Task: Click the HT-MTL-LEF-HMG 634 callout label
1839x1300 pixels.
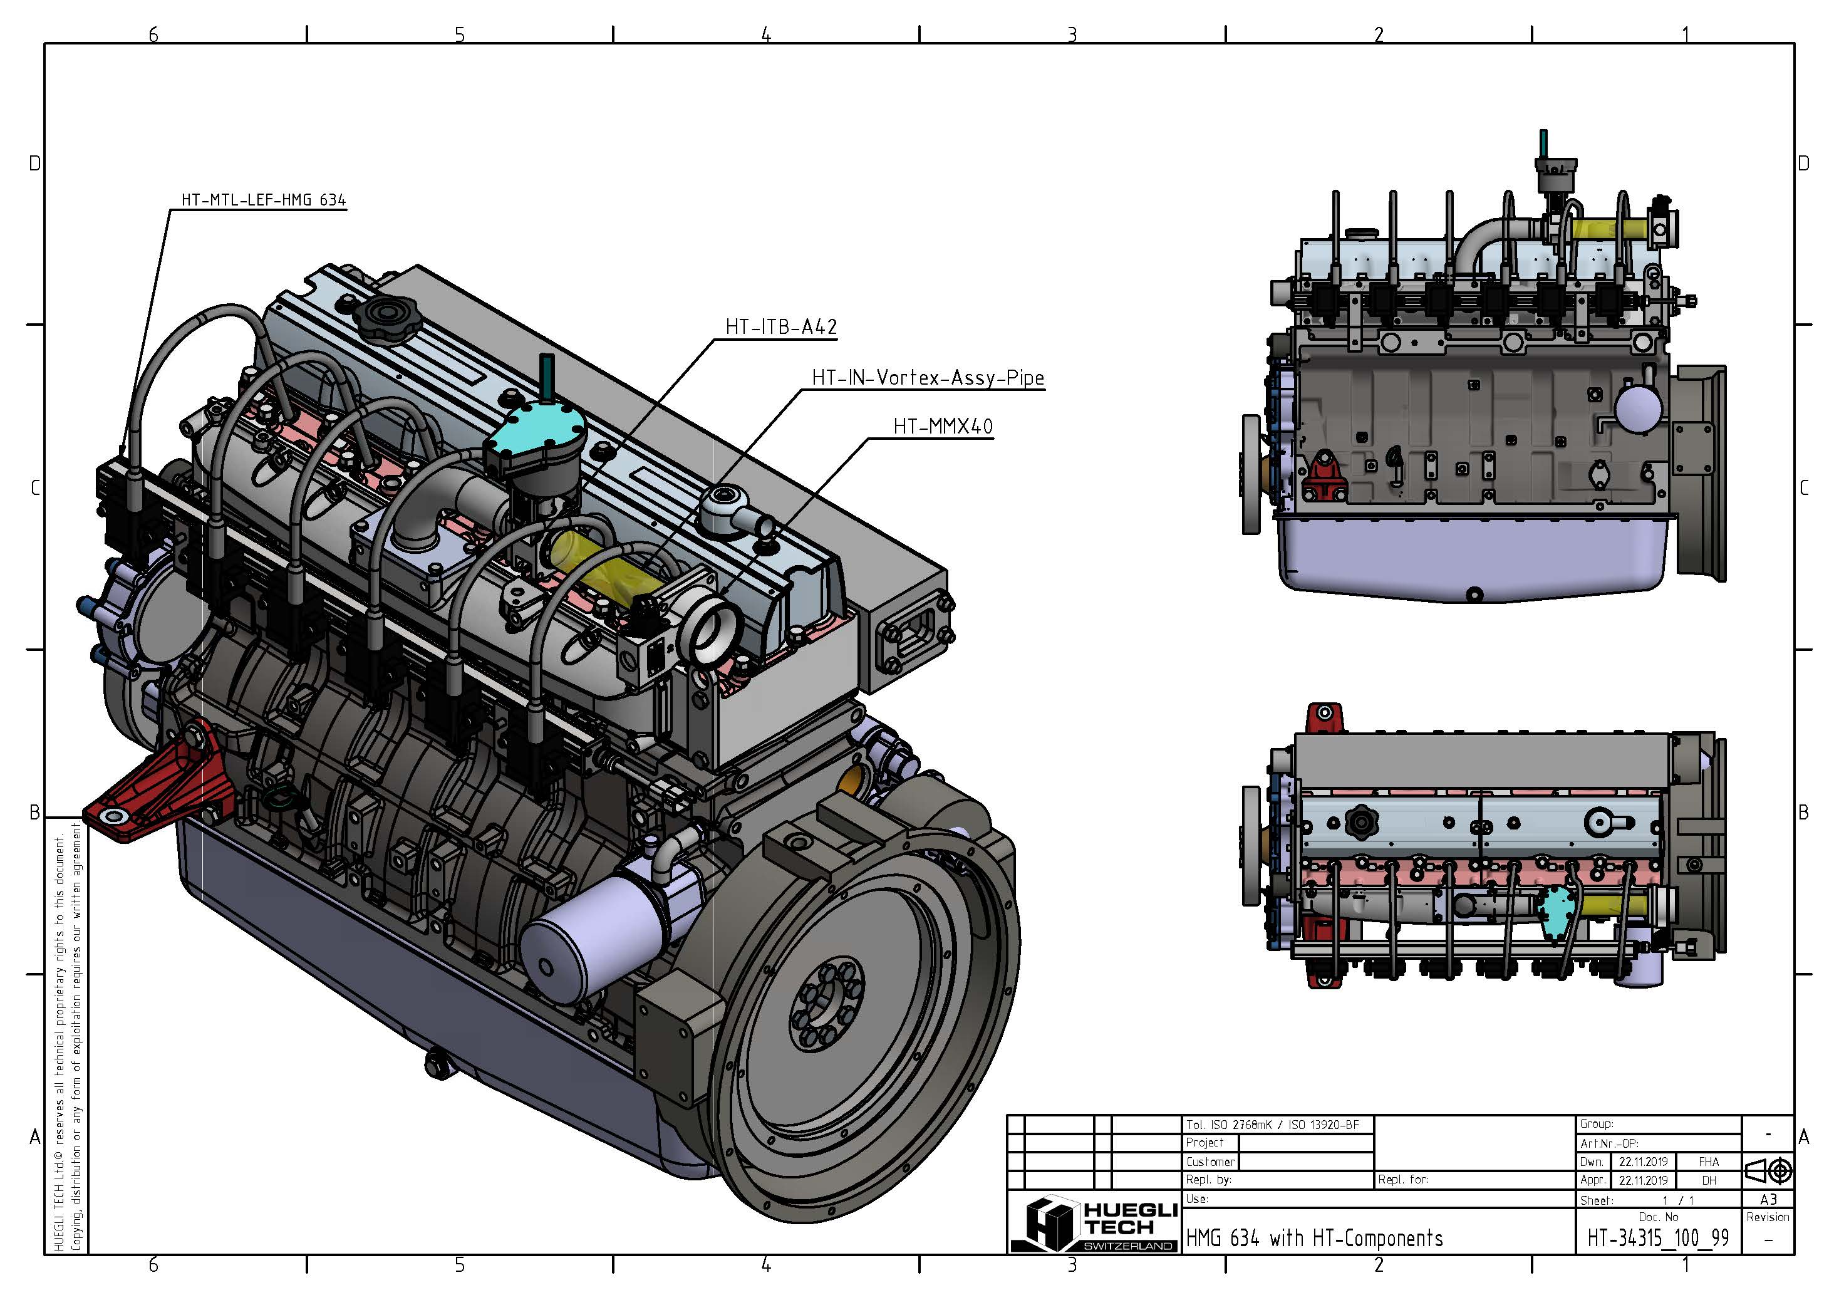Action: pyautogui.click(x=264, y=199)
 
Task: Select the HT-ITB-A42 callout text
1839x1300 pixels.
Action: pyautogui.click(x=781, y=327)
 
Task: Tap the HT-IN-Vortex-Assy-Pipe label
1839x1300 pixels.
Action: pyautogui.click(x=928, y=377)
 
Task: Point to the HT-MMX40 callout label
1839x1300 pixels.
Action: pyautogui.click(x=943, y=426)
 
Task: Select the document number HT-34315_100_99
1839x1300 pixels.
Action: pyautogui.click(x=1657, y=1239)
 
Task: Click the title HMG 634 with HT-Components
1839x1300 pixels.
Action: pyautogui.click(x=1313, y=1239)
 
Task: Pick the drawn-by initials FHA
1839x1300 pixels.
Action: pyautogui.click(x=1709, y=1162)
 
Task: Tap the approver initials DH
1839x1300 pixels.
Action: pyautogui.click(x=1709, y=1180)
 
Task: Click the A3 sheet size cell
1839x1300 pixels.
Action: pyautogui.click(x=1768, y=1199)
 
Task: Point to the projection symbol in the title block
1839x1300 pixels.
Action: pyautogui.click(x=1768, y=1171)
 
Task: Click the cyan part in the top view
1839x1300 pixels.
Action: pyautogui.click(x=1555, y=912)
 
